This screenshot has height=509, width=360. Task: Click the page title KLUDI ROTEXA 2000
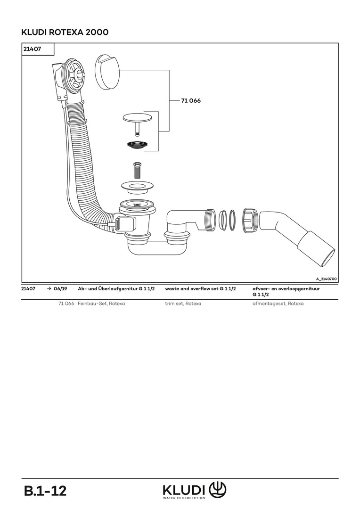pos(65,32)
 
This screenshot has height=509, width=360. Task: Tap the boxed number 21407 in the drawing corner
pos(32,49)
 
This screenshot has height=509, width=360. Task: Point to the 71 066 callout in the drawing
pos(191,101)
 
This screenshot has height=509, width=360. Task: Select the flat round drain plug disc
pos(137,117)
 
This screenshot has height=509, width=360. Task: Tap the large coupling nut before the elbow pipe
pos(251,220)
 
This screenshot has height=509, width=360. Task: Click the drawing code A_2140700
pos(326,279)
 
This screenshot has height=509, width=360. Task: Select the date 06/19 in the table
pos(60,288)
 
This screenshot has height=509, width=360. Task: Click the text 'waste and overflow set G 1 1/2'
pos(200,288)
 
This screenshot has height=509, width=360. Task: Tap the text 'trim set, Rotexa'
pos(183,304)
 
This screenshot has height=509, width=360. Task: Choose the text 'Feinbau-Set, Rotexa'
pos(101,304)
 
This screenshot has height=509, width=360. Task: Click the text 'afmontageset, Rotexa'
pos(278,304)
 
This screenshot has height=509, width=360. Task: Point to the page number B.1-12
pos(45,491)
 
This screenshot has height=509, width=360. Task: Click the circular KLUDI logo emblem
pos(217,489)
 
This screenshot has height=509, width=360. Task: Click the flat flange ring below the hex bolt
pos(137,186)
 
